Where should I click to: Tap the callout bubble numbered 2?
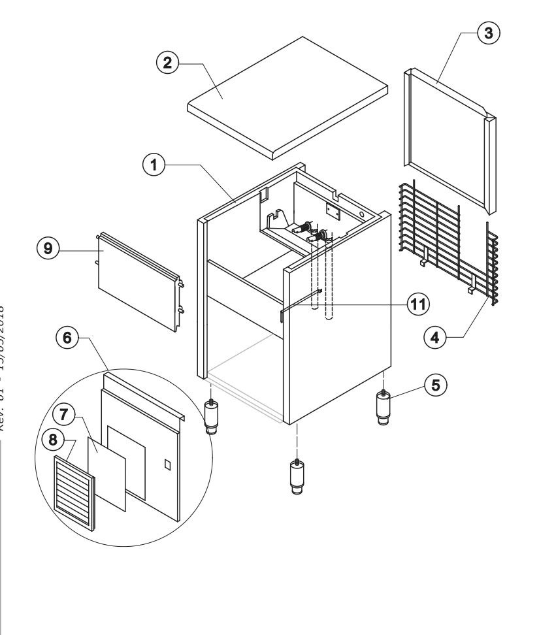coord(169,63)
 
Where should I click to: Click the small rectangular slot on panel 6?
coord(166,466)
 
